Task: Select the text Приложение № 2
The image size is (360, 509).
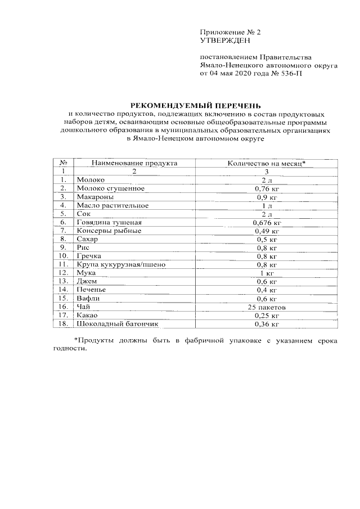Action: [x=231, y=32]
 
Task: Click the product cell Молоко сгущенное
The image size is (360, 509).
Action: [x=111, y=188]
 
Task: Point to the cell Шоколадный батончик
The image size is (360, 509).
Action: [x=118, y=325]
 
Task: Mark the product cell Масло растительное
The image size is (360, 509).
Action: [x=112, y=206]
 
